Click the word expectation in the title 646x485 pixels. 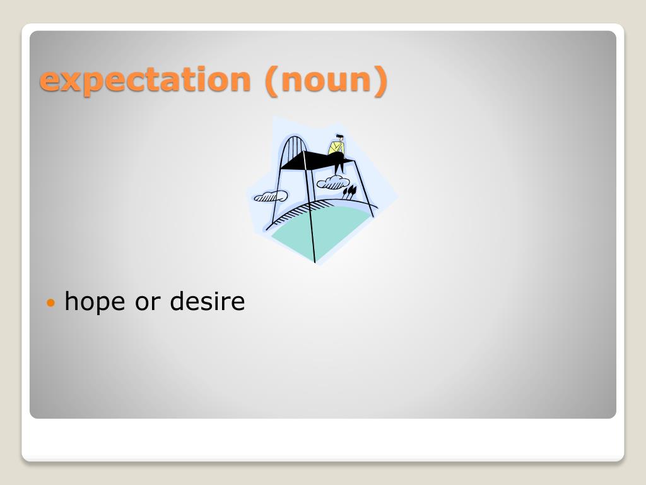[x=145, y=80]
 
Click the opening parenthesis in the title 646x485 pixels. [x=271, y=81]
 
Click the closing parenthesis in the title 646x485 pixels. [x=380, y=81]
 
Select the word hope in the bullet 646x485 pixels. [x=95, y=302]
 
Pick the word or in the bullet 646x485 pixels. [x=148, y=303]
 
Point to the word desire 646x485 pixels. [x=207, y=301]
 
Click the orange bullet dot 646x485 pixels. [x=50, y=303]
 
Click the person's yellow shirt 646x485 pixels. [x=336, y=148]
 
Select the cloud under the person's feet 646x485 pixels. [x=333, y=183]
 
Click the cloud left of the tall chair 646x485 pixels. [x=271, y=196]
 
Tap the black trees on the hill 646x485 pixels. [x=349, y=192]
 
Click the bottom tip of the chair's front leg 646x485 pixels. [x=315, y=261]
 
